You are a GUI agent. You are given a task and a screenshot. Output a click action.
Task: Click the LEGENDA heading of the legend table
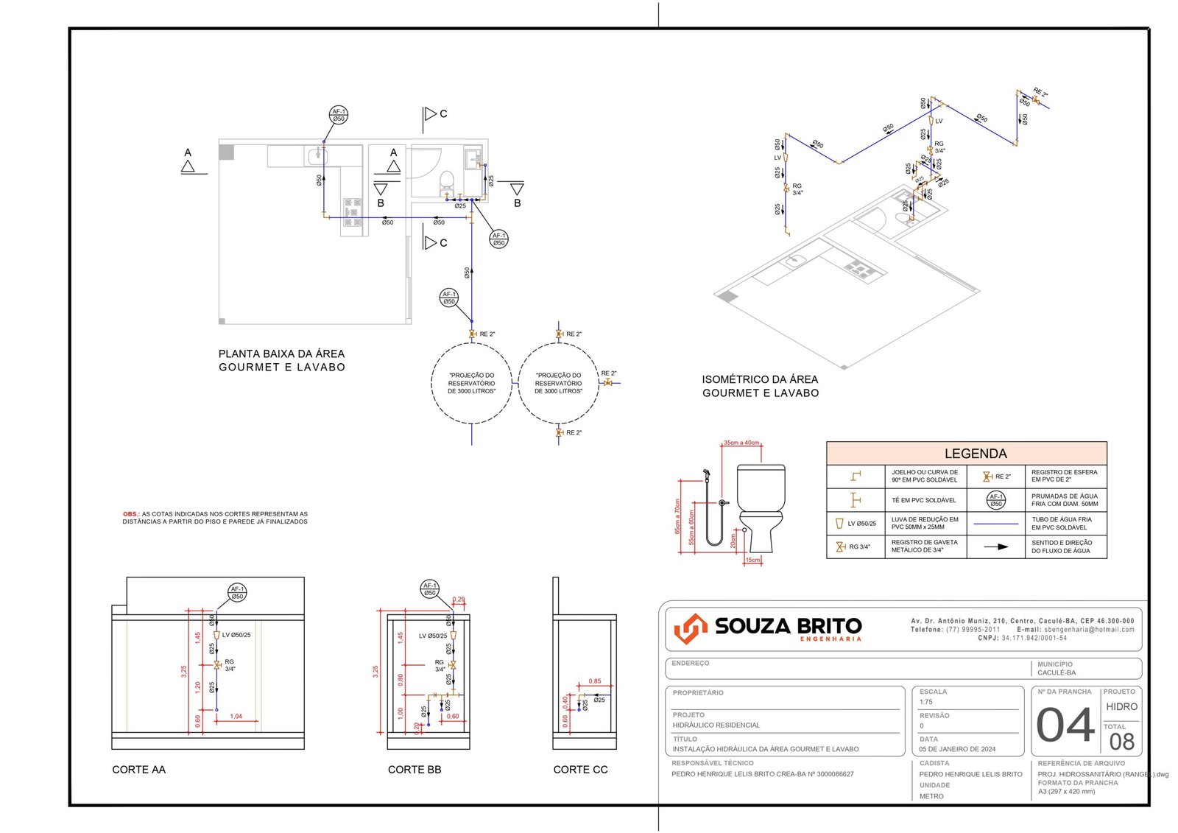975,454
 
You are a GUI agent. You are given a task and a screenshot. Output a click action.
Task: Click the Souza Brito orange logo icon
690,628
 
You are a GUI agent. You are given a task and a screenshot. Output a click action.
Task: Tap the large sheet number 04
1065,725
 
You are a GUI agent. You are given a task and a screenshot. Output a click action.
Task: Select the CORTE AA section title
138,770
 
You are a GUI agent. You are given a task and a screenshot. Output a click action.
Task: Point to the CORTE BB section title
415,770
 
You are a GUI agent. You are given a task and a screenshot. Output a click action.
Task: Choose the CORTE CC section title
580,770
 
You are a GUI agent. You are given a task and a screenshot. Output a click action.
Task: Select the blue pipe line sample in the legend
995,524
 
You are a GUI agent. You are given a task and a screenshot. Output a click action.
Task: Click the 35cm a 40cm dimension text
741,443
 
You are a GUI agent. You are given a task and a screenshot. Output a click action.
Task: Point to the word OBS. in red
130,514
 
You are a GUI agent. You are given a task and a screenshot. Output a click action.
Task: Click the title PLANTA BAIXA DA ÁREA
281,354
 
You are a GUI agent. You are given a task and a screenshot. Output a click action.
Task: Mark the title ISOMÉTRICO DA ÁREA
760,379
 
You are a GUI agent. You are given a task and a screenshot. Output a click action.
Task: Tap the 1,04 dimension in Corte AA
236,716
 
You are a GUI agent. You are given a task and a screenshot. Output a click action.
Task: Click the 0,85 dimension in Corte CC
595,681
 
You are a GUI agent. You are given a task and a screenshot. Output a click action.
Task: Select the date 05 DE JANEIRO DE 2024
957,749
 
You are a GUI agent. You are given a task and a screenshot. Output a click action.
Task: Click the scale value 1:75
925,702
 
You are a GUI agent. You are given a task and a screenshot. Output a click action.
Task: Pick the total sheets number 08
1121,742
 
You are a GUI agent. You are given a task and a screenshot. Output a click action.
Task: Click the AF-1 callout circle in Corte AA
237,592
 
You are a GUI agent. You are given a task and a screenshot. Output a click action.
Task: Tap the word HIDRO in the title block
1121,706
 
